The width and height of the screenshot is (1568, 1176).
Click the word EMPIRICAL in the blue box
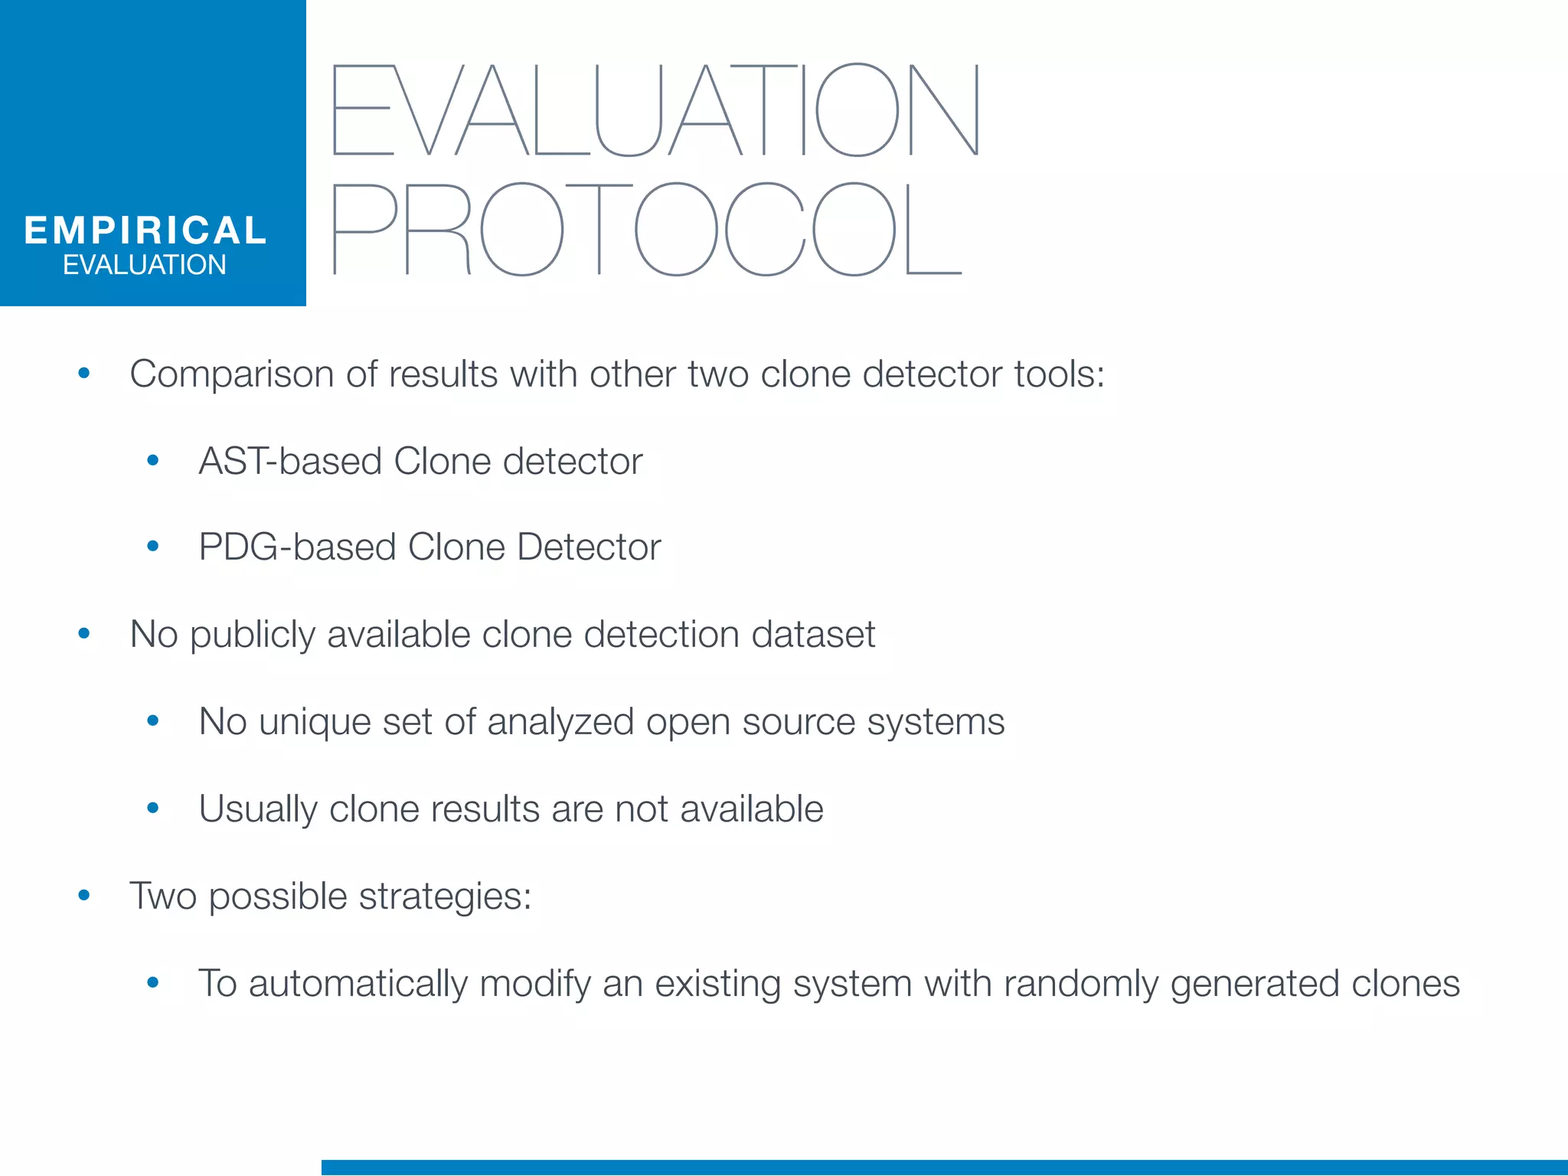coord(145,230)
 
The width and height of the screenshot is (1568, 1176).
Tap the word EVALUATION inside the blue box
coord(145,265)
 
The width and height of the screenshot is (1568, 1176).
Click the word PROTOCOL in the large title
coord(647,229)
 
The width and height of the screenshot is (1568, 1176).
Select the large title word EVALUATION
coord(655,110)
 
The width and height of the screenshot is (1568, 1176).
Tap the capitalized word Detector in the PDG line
coord(588,547)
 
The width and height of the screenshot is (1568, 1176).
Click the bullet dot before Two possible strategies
coord(84,895)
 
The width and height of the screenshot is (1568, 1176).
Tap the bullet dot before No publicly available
coord(84,633)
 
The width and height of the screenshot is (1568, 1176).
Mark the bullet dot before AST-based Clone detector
coord(153,460)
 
